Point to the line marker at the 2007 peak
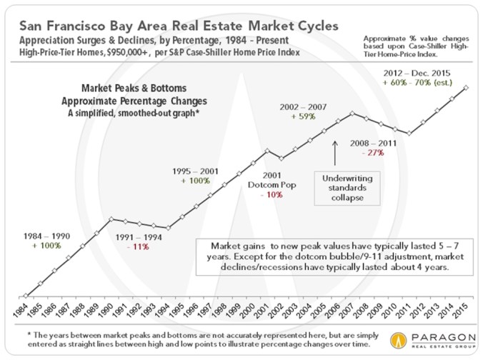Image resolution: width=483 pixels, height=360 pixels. coord(352,112)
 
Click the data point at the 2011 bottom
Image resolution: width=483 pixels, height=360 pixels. coord(408,134)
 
